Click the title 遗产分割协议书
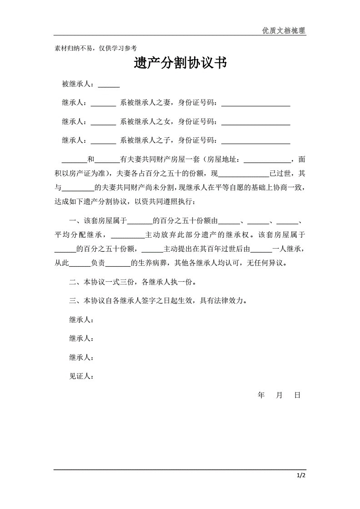point(180,63)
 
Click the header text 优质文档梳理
point(284,30)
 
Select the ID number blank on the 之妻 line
point(255,104)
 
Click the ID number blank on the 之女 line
point(255,122)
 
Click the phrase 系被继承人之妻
point(145,103)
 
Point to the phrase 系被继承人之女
point(145,122)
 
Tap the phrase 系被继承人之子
point(145,140)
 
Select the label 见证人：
point(81,376)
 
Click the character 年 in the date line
point(261,395)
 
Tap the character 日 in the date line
point(297,395)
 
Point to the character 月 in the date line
point(280,395)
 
